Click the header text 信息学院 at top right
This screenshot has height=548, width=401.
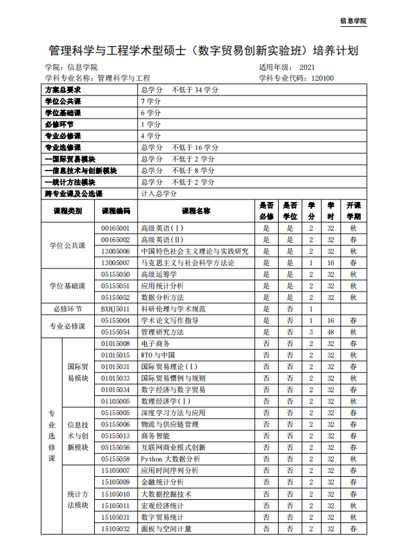(x=353, y=21)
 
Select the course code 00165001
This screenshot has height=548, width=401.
(x=115, y=228)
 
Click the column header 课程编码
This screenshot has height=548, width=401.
(x=115, y=210)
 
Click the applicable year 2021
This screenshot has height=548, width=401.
(x=307, y=67)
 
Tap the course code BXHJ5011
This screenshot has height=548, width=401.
(x=115, y=309)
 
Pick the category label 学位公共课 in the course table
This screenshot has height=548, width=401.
(x=67, y=245)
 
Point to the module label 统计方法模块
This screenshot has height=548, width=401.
(x=78, y=500)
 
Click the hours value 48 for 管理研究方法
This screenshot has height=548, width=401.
(x=331, y=332)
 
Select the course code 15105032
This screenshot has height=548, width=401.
(x=115, y=529)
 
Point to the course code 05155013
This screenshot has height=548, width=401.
(x=115, y=436)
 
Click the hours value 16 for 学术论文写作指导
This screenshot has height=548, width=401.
(x=331, y=320)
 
